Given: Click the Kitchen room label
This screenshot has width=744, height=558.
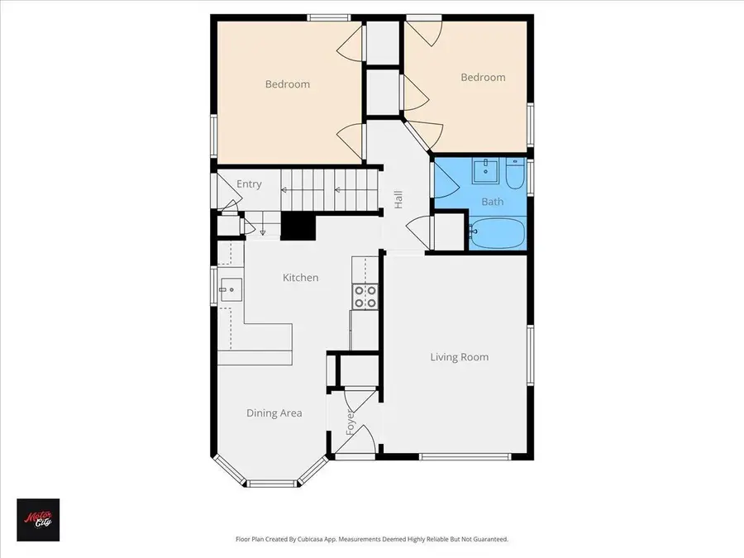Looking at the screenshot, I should point(300,278).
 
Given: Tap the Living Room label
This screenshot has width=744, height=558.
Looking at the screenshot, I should point(459,357).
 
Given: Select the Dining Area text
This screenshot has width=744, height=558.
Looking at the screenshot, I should point(274,413).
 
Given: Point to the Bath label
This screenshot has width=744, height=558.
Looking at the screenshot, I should point(492,202).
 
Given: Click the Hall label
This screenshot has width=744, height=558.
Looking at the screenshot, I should point(398,199).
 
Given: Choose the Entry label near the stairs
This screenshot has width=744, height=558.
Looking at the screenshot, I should point(249,184).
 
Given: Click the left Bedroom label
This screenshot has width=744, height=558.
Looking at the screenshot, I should point(287,83).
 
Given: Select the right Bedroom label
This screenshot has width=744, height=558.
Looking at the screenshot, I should point(482,77).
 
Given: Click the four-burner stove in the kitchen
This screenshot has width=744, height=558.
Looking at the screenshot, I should point(365,297).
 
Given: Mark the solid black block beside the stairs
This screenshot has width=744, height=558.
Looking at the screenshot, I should point(298,226).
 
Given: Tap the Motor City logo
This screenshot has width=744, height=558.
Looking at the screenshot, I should point(37,519).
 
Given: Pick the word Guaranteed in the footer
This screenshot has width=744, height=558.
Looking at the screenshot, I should point(487,539).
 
